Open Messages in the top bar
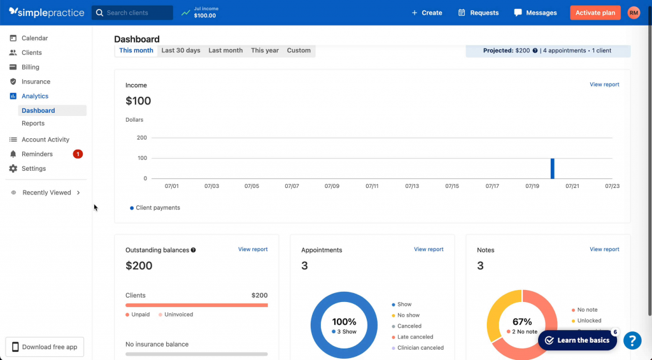(x=535, y=13)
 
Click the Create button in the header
(x=427, y=13)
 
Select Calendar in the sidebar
(x=34, y=38)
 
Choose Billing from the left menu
(x=30, y=67)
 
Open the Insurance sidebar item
(x=36, y=82)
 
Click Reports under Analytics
(x=33, y=124)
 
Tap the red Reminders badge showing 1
(x=78, y=154)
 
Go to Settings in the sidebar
(x=34, y=169)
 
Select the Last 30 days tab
(x=181, y=50)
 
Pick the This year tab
(x=265, y=50)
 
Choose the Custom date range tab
(x=299, y=50)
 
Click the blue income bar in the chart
(x=553, y=169)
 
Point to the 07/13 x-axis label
(x=412, y=186)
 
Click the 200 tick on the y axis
(x=141, y=138)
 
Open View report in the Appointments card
(x=429, y=249)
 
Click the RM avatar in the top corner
(x=634, y=13)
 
